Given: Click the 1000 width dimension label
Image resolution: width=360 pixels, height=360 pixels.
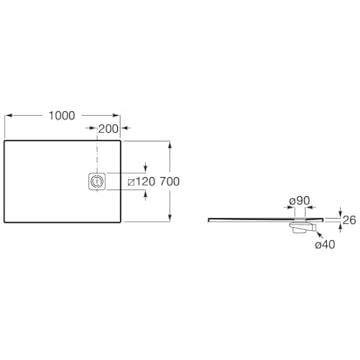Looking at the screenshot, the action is point(62,116).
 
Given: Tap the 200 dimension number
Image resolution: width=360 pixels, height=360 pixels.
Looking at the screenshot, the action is point(108,129).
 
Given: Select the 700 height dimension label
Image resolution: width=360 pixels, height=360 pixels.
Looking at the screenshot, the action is point(169,182).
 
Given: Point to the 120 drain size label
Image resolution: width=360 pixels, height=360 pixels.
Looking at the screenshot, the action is point(145,182).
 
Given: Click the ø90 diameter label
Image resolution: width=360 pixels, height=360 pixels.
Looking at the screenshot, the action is point(300,201).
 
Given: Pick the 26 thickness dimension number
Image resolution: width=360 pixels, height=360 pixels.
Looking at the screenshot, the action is point(349,220).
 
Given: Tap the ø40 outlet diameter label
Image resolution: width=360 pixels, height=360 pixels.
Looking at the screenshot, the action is point(325,245).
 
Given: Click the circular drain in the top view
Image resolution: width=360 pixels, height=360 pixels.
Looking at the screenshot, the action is point(97,182).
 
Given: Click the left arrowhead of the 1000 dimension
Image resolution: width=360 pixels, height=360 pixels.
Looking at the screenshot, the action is point(8,116).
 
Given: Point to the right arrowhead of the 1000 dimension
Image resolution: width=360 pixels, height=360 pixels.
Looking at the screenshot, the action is point(117,116).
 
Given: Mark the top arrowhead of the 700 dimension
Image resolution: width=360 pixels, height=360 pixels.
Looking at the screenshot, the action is point(170,144).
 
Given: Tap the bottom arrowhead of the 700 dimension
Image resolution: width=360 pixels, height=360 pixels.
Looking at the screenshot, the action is point(170,218).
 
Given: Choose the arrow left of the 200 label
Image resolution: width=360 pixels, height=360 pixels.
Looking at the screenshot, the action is point(90,128).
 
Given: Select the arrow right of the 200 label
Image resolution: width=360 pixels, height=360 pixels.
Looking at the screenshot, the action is point(126,128).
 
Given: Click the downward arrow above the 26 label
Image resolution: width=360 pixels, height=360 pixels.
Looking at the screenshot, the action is point(340,212).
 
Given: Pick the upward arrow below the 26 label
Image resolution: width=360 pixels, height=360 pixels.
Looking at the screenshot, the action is point(340,227).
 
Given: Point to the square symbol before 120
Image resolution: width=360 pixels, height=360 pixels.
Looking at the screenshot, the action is point(131,182).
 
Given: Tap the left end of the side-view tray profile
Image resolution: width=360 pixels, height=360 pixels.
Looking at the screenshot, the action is point(209,219).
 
